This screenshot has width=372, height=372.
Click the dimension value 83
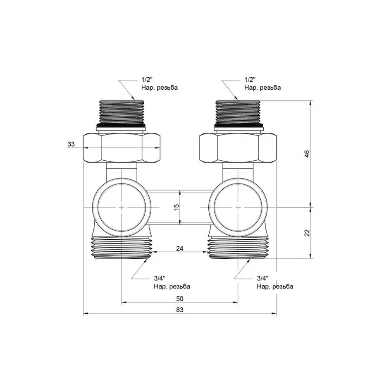[179, 309]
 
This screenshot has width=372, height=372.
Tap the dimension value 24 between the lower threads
[180, 249]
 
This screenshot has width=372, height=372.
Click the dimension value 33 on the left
[71, 144]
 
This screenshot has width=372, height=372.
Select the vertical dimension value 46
[306, 153]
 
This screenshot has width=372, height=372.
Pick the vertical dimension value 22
[306, 233]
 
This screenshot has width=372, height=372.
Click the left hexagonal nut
[122, 148]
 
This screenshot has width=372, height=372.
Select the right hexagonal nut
[237, 148]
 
